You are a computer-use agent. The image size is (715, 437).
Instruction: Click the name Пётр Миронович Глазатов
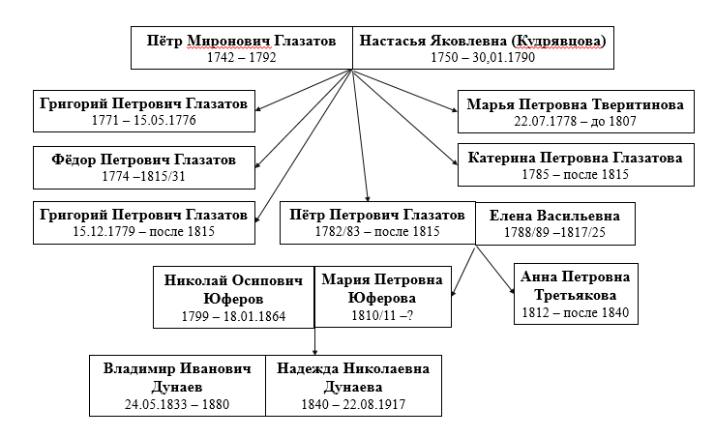point(241,41)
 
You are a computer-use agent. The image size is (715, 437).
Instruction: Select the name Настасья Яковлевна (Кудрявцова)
point(483,41)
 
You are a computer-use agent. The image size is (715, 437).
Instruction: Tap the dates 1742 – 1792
point(241,57)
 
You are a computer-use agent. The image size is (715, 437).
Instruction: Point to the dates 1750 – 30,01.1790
point(483,57)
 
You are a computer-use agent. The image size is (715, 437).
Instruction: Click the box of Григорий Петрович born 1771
point(144,111)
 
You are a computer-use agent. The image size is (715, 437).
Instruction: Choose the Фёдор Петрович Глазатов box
point(144,167)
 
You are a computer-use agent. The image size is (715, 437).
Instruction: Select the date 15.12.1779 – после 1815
point(143,231)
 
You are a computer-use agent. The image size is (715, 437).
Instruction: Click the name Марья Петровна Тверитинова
point(576,104)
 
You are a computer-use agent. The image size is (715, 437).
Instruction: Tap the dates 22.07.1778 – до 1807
point(576,121)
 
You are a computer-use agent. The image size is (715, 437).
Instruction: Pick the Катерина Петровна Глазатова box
point(576,165)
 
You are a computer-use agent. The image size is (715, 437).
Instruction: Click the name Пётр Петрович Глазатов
point(377,215)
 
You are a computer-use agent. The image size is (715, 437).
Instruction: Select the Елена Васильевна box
point(555,223)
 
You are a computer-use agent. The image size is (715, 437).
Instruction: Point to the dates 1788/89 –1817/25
point(555,232)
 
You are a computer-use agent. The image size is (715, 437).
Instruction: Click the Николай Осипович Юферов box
point(233,297)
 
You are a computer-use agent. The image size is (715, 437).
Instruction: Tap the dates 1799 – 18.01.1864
point(233,316)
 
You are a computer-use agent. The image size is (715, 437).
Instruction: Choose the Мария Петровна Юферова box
point(382,297)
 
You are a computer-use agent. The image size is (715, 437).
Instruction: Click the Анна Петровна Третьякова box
point(576,294)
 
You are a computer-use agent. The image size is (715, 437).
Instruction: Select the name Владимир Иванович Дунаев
point(177,377)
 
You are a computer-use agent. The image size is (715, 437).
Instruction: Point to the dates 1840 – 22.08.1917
point(353,404)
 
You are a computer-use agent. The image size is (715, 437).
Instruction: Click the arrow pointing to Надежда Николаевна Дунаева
point(314,341)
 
